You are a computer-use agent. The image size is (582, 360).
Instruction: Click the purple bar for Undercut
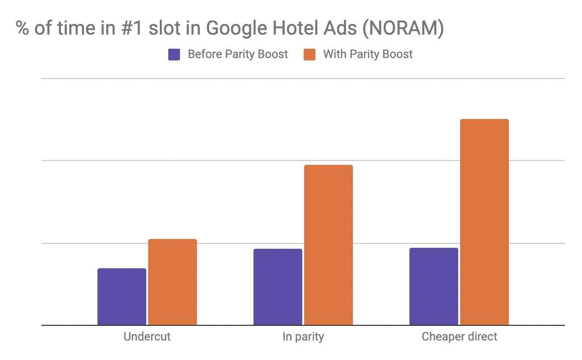click(122, 296)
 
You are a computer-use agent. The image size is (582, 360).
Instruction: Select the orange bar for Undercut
click(172, 282)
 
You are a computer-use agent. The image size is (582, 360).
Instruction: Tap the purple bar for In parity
click(277, 287)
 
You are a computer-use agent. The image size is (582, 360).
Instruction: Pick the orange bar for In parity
click(328, 245)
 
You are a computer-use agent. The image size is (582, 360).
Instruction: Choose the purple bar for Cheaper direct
click(433, 286)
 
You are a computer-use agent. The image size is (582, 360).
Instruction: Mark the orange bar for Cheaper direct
click(484, 222)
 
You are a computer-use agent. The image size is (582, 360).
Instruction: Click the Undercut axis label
click(147, 337)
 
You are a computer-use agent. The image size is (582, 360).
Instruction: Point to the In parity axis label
click(303, 337)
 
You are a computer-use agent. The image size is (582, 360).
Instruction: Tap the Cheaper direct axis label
click(459, 337)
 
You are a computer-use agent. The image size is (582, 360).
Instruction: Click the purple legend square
click(174, 55)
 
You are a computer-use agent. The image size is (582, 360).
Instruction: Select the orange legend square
click(310, 55)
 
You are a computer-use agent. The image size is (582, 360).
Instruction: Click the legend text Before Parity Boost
click(238, 55)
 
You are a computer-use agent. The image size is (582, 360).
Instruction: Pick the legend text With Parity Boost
click(368, 55)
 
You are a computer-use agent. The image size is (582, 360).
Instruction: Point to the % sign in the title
click(23, 28)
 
